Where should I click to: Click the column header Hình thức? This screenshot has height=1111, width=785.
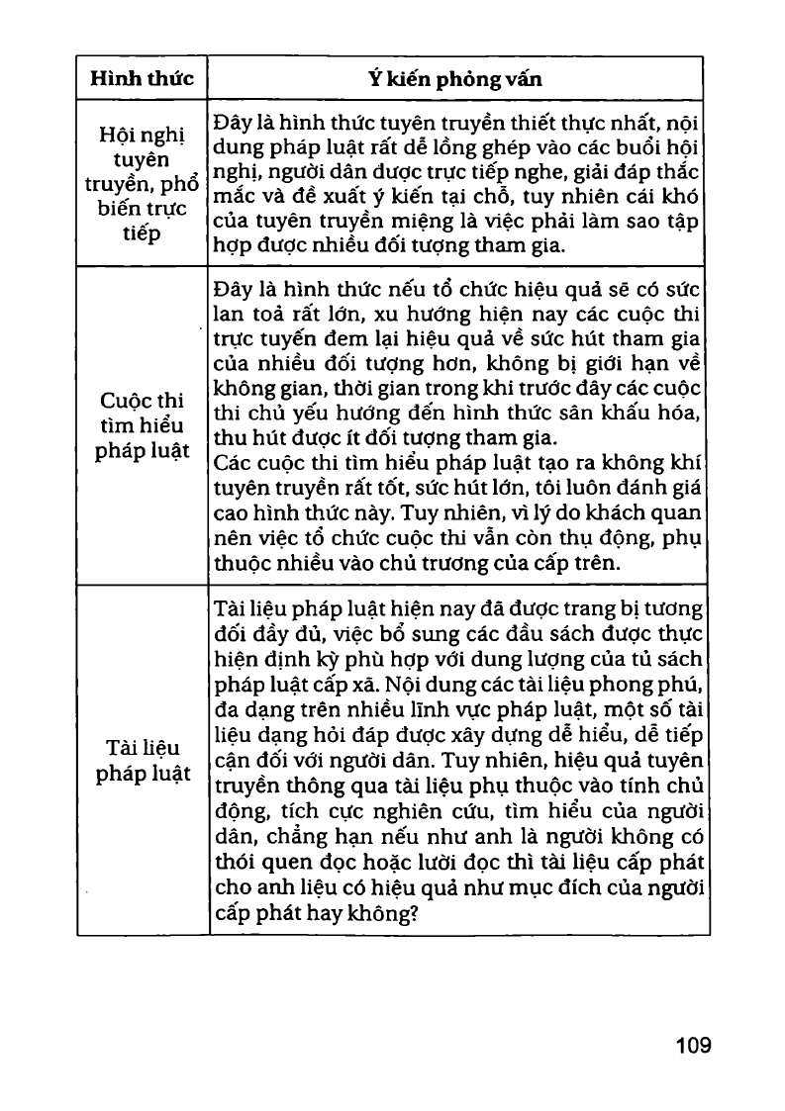[142, 78]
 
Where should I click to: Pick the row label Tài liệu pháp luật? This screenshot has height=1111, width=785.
[143, 761]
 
